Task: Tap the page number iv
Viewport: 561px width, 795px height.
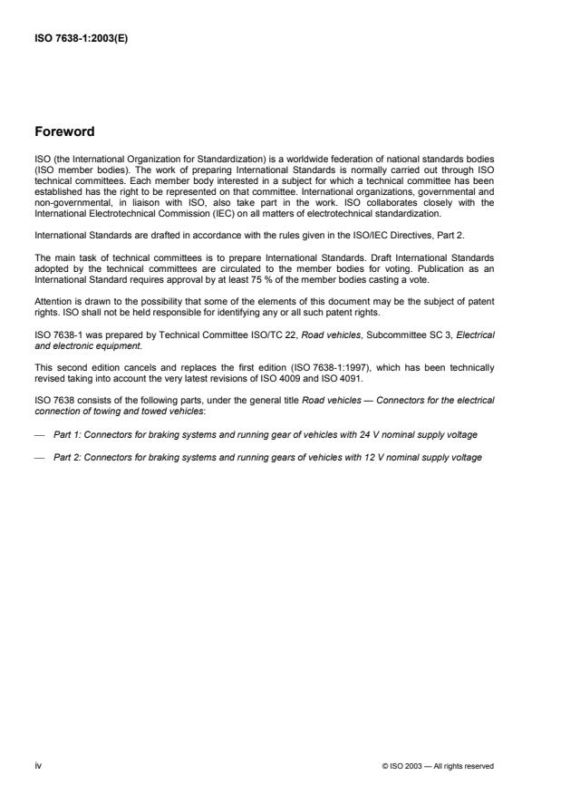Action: point(37,765)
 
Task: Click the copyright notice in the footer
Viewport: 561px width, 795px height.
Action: point(439,766)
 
